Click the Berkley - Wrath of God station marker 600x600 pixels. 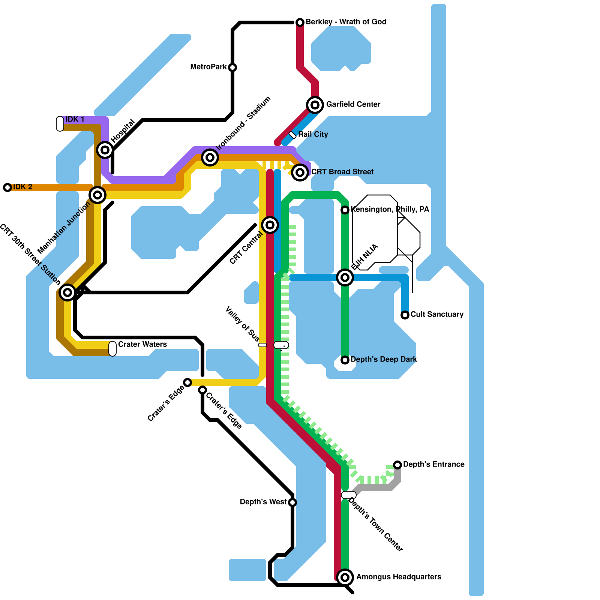pos(300,22)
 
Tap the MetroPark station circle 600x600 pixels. pos(232,67)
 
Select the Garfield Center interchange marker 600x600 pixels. pos(315,105)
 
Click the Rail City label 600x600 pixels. pos(313,134)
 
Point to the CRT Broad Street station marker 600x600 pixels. pos(300,172)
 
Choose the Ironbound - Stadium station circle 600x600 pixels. pos(210,157)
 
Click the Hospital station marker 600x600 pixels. pos(105,150)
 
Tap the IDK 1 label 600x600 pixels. pos(75,119)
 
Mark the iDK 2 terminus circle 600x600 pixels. pos(7,187)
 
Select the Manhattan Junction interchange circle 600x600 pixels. pos(97,195)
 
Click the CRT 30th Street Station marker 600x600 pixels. pos(67,292)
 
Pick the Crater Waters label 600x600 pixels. pos(142,344)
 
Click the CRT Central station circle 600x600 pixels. pos(270,225)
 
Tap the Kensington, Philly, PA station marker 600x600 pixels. pos(345,210)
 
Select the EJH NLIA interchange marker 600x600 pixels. pos(345,277)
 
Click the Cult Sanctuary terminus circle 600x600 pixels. pos(405,315)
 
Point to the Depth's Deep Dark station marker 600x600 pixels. pos(345,360)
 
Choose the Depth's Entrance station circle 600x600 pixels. pos(397,465)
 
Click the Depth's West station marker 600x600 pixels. pos(292,502)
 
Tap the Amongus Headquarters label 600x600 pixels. pos(398,577)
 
